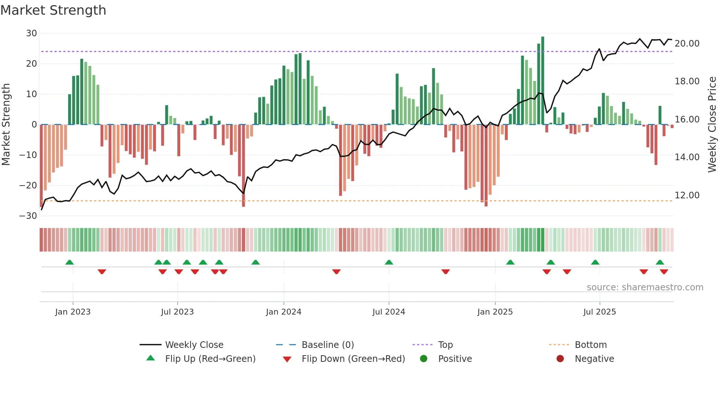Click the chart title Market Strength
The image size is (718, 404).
point(53,10)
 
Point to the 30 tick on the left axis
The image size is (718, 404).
point(32,33)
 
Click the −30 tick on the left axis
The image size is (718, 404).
point(28,216)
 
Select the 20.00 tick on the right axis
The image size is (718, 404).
point(687,44)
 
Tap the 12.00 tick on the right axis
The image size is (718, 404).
point(687,195)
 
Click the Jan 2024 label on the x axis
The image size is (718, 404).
point(284,312)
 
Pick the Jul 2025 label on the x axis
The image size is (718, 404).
point(599,312)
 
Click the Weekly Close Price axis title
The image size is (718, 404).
point(712,125)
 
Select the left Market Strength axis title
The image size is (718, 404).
point(6,125)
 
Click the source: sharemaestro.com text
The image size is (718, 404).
point(645,287)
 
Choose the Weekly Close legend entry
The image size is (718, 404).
point(194,345)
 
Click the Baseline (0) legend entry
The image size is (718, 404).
point(327,345)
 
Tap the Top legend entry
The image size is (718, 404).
point(445,345)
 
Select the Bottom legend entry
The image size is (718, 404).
point(591,345)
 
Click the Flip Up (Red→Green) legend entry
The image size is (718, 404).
point(210,359)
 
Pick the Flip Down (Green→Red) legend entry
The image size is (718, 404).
point(353,359)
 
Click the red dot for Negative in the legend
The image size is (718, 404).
point(560,359)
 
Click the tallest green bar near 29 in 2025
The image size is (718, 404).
point(543,81)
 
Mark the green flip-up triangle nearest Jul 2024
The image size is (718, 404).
point(389,262)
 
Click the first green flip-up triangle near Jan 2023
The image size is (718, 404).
point(70,262)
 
